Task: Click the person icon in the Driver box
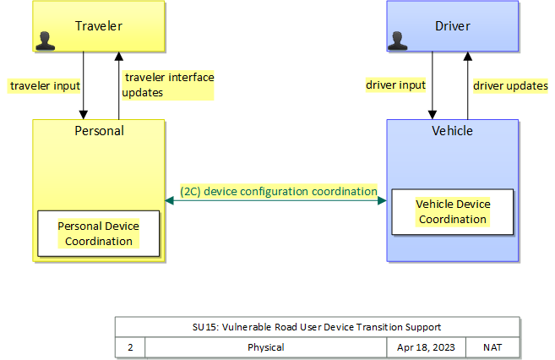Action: click(398, 38)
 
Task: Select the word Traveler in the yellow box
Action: click(99, 26)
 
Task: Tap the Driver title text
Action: click(452, 26)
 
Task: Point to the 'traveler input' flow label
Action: click(45, 85)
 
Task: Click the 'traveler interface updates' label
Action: click(168, 85)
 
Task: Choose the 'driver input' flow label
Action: click(395, 85)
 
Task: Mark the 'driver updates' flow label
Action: click(510, 85)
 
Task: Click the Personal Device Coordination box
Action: click(98, 233)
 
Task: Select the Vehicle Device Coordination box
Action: click(453, 211)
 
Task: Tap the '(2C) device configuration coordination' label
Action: click(278, 192)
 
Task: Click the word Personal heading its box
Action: click(99, 131)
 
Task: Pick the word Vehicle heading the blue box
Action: click(452, 131)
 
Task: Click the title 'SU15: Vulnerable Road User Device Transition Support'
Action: click(317, 326)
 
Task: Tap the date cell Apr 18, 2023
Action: click(426, 346)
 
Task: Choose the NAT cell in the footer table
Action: click(492, 346)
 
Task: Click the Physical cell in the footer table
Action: click(265, 346)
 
